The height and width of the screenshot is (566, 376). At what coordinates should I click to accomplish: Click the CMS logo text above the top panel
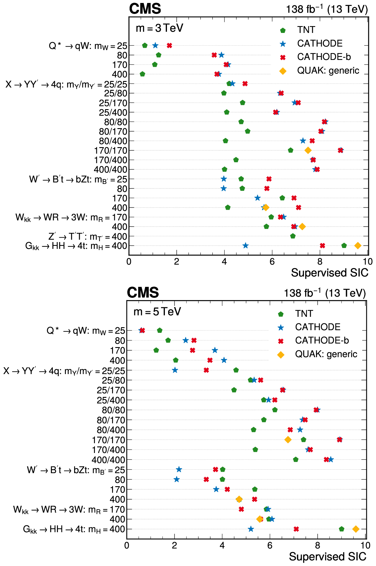pyautogui.click(x=145, y=9)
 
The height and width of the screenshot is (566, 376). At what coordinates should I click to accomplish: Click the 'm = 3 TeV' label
pyautogui.click(x=159, y=28)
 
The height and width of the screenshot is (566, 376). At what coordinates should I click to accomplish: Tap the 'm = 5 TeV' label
pyautogui.click(x=157, y=312)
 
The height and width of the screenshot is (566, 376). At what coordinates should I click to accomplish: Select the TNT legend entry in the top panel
pyautogui.click(x=306, y=30)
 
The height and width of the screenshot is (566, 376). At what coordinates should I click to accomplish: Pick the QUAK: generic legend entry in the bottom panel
pyautogui.click(x=326, y=354)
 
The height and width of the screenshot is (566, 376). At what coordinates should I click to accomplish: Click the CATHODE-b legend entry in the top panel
pyautogui.click(x=324, y=57)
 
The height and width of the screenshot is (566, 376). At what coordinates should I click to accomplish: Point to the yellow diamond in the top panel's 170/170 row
pyautogui.click(x=308, y=150)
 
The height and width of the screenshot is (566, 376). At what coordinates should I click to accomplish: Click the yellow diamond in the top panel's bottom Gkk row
pyautogui.click(x=358, y=246)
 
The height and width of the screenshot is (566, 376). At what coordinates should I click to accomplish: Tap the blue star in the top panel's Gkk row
pyautogui.click(x=246, y=246)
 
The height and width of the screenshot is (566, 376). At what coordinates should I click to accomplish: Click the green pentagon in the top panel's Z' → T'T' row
pyautogui.click(x=293, y=236)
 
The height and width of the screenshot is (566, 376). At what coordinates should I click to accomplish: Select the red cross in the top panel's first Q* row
pyautogui.click(x=169, y=46)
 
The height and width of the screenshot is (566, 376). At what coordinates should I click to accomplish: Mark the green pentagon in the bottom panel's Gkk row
pyautogui.click(x=342, y=529)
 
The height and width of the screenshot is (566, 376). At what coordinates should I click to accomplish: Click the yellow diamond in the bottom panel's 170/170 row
pyautogui.click(x=288, y=440)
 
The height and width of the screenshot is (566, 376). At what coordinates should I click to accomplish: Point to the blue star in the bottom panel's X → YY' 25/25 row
pyautogui.click(x=175, y=370)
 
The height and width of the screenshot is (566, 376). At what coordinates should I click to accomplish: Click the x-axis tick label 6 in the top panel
pyautogui.click(x=272, y=262)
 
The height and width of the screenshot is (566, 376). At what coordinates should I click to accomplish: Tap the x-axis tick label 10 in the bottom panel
pyautogui.click(x=365, y=546)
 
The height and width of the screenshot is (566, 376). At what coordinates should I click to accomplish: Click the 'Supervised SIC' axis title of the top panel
pyautogui.click(x=329, y=273)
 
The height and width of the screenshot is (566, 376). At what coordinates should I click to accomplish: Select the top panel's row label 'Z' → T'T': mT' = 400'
pyautogui.click(x=87, y=236)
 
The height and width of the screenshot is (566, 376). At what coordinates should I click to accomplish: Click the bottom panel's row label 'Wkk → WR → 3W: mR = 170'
pyautogui.click(x=69, y=510)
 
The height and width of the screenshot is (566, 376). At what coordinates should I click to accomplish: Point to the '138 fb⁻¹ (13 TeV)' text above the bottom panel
pyautogui.click(x=325, y=293)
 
